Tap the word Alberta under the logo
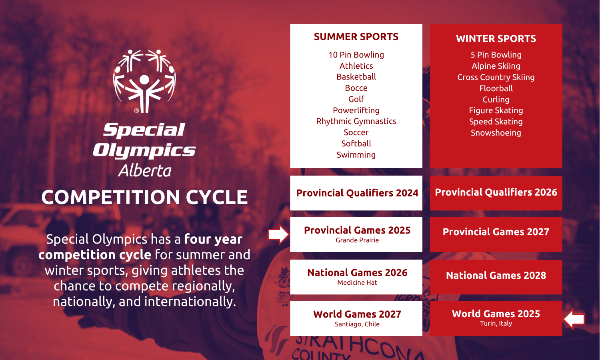coord(145,171)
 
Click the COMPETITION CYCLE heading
coord(144,197)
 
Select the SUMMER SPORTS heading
coord(356,37)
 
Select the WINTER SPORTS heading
coord(496,38)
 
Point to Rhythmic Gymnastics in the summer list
coord(356,121)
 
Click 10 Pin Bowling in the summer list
coord(356,55)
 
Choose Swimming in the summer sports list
coord(356,155)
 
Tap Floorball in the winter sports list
coord(496,88)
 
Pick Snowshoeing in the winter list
coord(496,133)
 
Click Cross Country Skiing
coord(496,77)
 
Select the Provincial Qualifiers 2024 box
coord(356,193)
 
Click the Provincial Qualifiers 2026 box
coord(496,193)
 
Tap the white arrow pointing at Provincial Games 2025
coord(278,234)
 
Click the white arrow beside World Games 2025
coord(574,319)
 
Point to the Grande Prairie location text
coord(357,240)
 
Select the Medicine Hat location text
coord(357,282)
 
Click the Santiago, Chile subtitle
coord(357,324)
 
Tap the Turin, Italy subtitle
coord(496,324)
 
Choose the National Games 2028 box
coord(496,277)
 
